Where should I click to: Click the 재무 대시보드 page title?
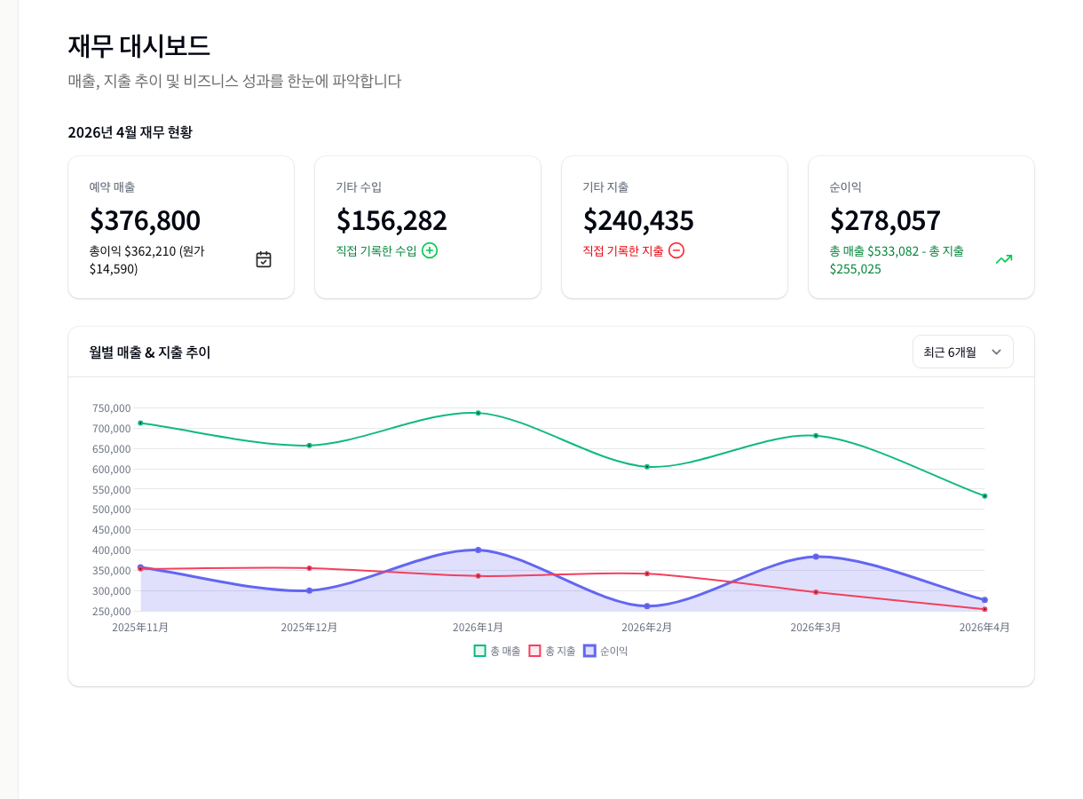coord(138,46)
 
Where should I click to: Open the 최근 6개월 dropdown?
coord(962,352)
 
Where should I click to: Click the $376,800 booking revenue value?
coord(145,220)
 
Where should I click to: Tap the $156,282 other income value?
coord(391,220)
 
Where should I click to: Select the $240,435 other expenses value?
coord(638,220)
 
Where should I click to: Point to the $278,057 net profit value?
coord(885,220)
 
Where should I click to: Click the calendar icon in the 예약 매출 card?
coord(264,259)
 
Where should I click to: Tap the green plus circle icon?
coord(430,250)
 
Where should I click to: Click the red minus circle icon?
coord(676,250)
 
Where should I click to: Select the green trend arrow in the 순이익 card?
coord(1004,259)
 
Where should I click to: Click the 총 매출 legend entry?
coord(498,651)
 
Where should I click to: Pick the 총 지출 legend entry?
coord(552,651)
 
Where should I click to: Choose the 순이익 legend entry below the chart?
coord(605,651)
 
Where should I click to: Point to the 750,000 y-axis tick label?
coord(111,408)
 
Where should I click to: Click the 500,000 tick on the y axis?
coord(111,510)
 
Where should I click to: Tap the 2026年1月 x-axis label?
coord(478,628)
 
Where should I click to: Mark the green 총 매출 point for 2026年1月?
coord(478,413)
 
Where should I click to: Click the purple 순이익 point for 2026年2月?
coord(647,606)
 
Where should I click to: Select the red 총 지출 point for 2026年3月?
coord(816,592)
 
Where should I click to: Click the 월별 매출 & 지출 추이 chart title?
coord(150,352)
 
